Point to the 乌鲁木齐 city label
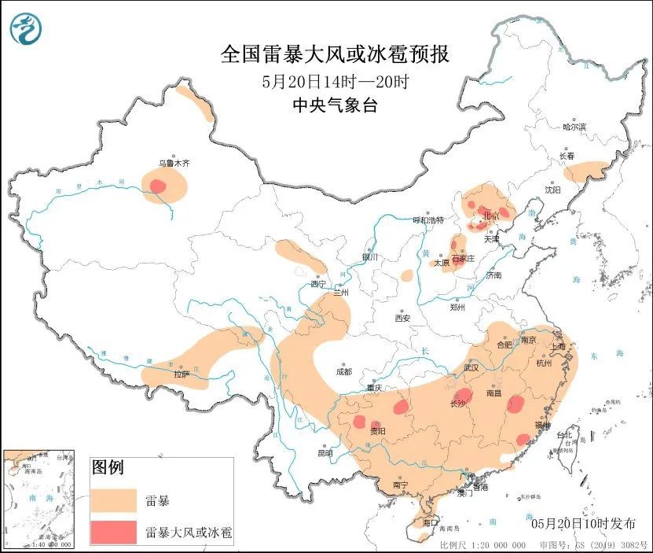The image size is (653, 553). (x=174, y=163)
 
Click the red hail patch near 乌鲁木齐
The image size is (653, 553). (x=158, y=186)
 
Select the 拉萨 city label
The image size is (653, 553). (x=182, y=375)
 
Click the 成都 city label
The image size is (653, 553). (x=343, y=371)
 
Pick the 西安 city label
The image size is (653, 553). (x=402, y=318)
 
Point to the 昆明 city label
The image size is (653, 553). (x=325, y=453)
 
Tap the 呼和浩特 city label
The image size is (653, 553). (x=429, y=219)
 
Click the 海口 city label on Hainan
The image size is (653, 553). (x=429, y=522)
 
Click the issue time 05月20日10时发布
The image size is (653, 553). (x=584, y=523)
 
